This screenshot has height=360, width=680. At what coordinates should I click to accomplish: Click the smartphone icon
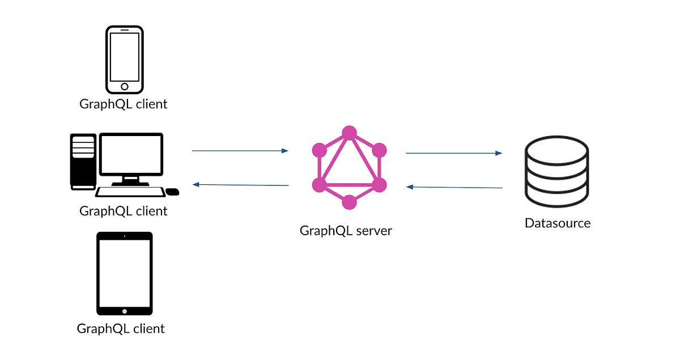[125, 59]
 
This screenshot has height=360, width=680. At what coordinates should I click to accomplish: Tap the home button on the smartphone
[125, 87]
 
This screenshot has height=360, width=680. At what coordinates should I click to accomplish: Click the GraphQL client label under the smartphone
[123, 104]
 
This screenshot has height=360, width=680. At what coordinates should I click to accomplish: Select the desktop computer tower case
[83, 161]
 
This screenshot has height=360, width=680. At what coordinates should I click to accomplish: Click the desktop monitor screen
[131, 154]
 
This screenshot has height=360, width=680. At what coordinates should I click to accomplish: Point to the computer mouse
[173, 192]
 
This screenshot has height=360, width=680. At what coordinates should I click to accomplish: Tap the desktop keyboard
[130, 192]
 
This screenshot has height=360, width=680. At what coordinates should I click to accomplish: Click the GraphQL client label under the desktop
[123, 211]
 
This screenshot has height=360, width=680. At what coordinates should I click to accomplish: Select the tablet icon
[125, 273]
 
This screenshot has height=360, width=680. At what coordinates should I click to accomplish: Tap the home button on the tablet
[125, 311]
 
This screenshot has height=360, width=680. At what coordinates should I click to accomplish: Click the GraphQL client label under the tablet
[121, 328]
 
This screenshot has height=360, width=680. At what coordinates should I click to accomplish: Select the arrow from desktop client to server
[240, 151]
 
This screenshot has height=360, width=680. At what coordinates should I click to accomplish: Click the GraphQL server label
[346, 231]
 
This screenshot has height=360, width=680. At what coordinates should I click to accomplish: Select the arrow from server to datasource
[454, 153]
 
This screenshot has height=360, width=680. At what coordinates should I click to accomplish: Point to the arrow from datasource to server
[454, 187]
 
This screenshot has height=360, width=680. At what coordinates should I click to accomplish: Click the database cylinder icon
[556, 173]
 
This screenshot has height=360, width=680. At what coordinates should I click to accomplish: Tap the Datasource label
[557, 223]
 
